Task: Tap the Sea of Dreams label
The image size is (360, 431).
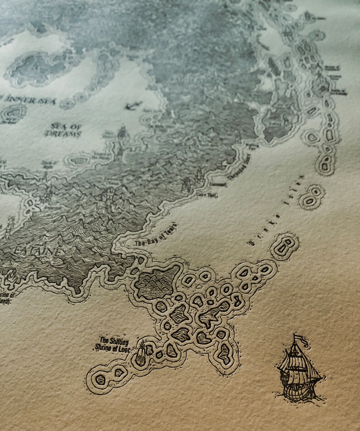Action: click(63, 131)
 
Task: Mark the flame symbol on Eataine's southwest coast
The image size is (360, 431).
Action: click(10, 274)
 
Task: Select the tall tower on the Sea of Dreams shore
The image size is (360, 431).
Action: click(122, 136)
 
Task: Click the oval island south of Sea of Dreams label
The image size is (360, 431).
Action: click(80, 160)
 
